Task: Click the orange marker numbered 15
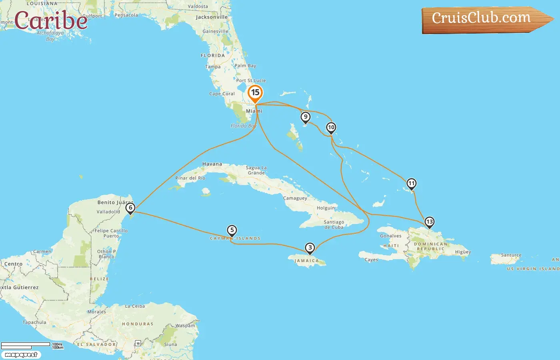pos(255,93)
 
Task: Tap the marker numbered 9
pos(306,117)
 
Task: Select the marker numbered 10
pos(331,128)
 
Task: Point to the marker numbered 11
pos(411,184)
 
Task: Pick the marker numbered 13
pos(429,222)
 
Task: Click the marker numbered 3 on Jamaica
pos(310,248)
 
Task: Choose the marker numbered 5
pos(232,230)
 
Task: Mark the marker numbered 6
pos(130,208)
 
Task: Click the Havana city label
pos(212,164)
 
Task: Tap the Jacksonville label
pos(212,17)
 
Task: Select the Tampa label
pos(213,67)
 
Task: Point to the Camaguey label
pos(295,198)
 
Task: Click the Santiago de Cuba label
pos(334,224)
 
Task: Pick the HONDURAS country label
pos(138,324)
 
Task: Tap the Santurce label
pos(511,255)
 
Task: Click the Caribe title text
pos(51,20)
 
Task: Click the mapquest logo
pos(21,355)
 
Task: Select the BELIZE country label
pos(99,279)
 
